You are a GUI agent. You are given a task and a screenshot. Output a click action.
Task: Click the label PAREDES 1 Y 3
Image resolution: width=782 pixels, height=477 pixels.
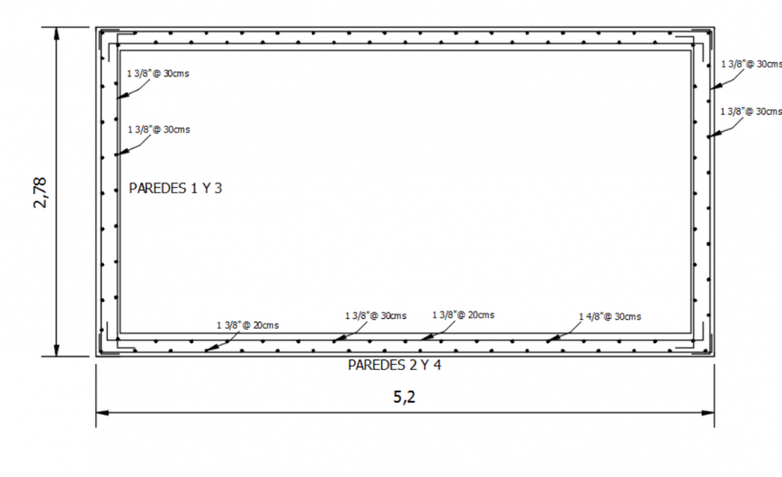tap(175, 190)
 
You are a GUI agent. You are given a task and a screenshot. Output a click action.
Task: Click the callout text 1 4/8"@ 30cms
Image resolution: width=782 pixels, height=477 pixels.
tap(610, 317)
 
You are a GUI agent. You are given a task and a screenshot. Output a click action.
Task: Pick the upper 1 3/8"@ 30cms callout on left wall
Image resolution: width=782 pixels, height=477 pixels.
tap(158, 73)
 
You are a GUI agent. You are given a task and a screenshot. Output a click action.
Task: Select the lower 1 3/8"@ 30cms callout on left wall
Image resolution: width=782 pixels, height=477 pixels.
tap(158, 129)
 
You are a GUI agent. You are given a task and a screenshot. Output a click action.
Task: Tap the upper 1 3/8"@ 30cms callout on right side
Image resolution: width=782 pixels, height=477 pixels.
tap(751, 64)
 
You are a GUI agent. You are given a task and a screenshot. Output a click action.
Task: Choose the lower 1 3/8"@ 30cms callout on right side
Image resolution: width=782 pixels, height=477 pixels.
tap(751, 111)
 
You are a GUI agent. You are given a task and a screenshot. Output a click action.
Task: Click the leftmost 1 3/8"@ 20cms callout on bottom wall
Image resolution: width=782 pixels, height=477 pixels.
tap(246, 324)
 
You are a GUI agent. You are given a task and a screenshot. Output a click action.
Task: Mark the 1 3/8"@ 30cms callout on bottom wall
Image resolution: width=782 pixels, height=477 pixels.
tap(376, 316)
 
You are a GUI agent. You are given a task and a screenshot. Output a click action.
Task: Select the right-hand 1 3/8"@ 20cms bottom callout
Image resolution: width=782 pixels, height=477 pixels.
tap(463, 315)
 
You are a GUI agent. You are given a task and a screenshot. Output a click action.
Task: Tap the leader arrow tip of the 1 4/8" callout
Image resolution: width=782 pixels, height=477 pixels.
tap(547, 340)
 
